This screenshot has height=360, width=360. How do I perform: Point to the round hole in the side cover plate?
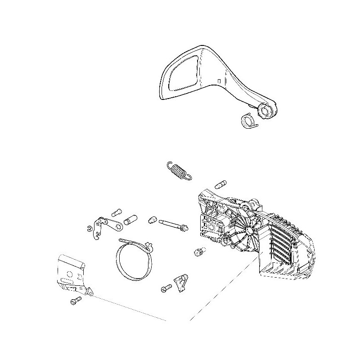(70, 273)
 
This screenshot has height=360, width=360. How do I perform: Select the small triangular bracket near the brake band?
(182, 283)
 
